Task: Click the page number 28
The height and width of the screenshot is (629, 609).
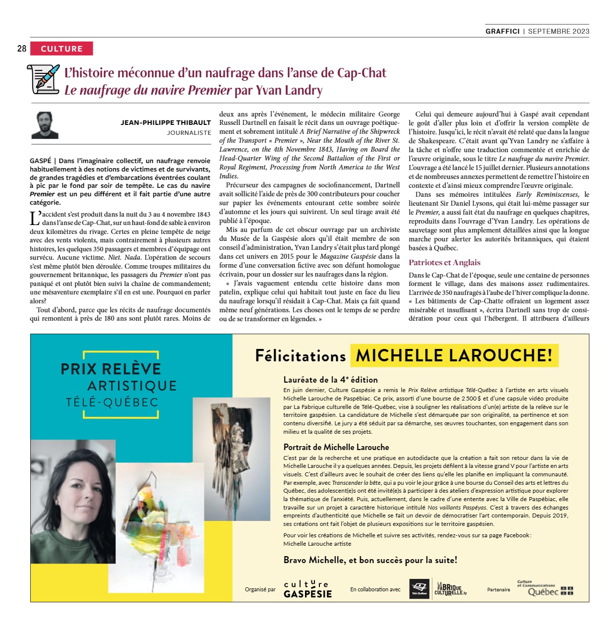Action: [22, 49]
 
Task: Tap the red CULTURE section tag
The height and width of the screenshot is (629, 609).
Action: [61, 49]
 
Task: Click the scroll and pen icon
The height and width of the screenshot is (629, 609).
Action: [44, 78]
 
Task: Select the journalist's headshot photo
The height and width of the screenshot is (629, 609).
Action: [45, 125]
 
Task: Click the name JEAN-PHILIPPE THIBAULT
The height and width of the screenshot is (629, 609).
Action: [166, 122]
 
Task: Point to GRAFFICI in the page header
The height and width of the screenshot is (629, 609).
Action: [502, 31]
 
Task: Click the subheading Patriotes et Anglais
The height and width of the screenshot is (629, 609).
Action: [444, 263]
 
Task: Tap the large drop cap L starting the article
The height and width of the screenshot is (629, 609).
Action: [35, 218]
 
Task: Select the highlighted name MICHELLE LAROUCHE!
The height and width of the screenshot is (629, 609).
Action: [454, 355]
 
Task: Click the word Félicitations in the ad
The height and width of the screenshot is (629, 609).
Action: [300, 356]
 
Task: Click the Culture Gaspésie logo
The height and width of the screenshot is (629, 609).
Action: [307, 589]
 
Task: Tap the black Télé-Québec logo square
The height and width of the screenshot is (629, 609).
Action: [419, 589]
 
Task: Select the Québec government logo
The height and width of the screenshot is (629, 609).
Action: [545, 589]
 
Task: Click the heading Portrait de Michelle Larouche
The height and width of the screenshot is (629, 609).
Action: [336, 447]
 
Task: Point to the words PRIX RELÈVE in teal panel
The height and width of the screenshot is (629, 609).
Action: [111, 369]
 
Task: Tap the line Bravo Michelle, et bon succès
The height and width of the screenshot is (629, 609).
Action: [370, 560]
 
